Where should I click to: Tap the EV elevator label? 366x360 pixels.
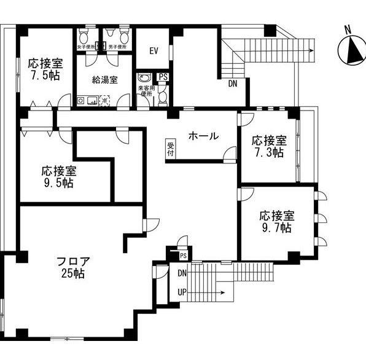pyautogui.click(x=153, y=50)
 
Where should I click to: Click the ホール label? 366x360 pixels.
pyautogui.click(x=203, y=136)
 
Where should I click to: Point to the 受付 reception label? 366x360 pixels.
pyautogui.click(x=170, y=149)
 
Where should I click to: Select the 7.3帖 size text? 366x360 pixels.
pyautogui.click(x=269, y=152)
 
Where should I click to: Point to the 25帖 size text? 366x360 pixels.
pyautogui.click(x=72, y=273)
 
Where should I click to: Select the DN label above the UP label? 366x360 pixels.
pyautogui.click(x=182, y=273)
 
